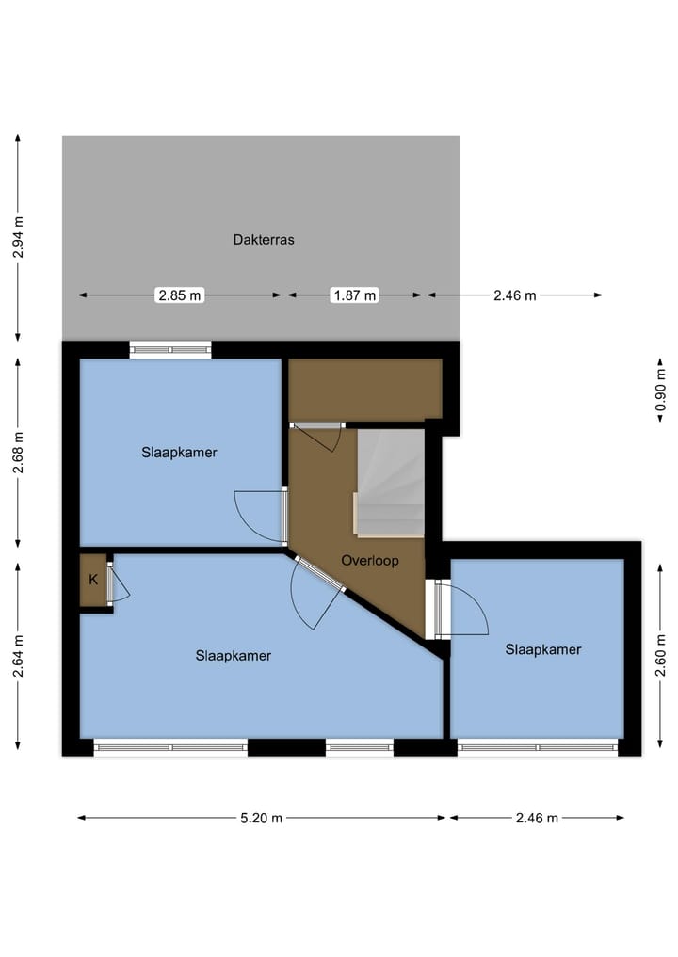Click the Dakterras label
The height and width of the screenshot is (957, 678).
coord(264,240)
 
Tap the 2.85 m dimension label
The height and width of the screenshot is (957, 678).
coord(180,295)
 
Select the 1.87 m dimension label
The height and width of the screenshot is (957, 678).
coord(354,295)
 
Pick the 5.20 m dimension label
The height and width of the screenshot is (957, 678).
coord(260,818)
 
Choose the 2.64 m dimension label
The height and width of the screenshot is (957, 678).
coord(18,656)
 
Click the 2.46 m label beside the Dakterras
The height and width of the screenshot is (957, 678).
coord(514,295)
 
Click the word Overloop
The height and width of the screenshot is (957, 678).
coord(370,560)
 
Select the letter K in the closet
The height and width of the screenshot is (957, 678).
coord(93,580)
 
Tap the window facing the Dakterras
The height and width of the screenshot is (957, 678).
coord(170,350)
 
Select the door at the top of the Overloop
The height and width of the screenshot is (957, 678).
coord(318,435)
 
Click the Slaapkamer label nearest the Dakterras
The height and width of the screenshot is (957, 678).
coord(180,452)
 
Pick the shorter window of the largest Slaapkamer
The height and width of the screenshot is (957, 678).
coord(359,747)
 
